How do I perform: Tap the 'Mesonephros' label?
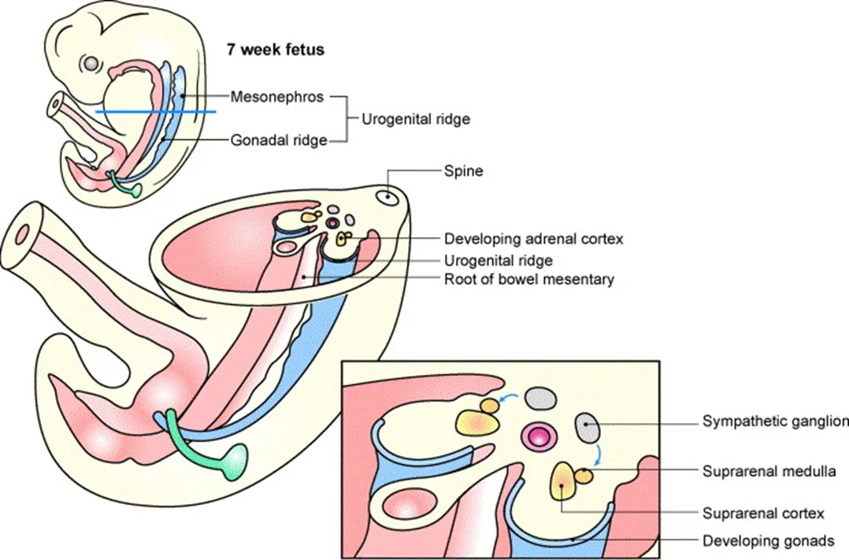click(x=276, y=97)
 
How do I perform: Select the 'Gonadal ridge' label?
click(x=278, y=140)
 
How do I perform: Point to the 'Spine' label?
click(x=463, y=170)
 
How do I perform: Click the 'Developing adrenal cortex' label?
click(x=533, y=239)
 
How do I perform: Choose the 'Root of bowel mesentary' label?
click(x=528, y=279)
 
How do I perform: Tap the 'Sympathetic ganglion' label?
click(x=775, y=421)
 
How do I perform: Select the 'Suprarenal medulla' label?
click(x=769, y=471)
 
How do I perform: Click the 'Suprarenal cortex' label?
click(x=762, y=514)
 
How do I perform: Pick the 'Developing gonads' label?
click(x=768, y=541)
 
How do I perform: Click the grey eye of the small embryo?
click(x=93, y=62)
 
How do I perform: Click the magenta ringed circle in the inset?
click(x=539, y=435)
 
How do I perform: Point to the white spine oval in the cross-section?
click(x=387, y=198)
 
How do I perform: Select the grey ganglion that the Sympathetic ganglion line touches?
click(x=588, y=428)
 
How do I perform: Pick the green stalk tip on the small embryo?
click(x=135, y=190)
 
